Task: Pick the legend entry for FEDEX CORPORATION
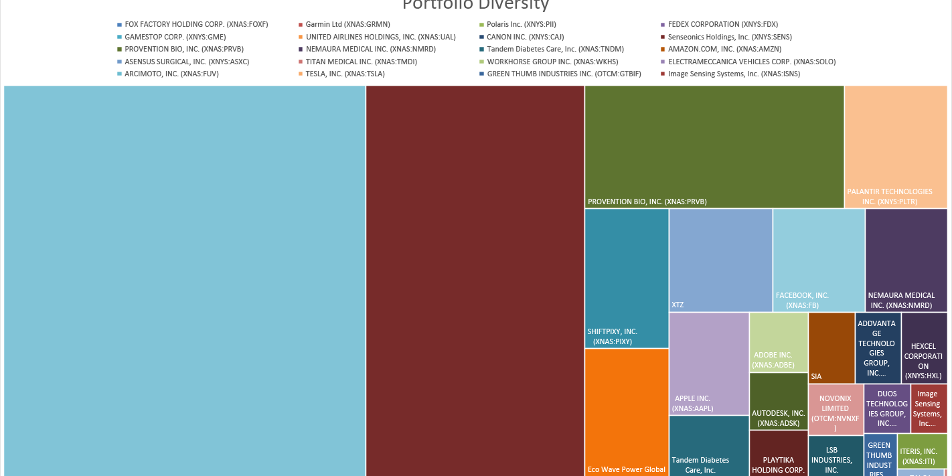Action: (x=722, y=24)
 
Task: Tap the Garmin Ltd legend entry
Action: (x=347, y=24)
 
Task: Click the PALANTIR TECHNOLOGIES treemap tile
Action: (x=896, y=147)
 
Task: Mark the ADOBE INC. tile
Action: (x=778, y=342)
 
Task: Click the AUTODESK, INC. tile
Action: (x=778, y=401)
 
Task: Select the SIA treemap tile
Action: (x=831, y=348)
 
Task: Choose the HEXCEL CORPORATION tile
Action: (x=924, y=348)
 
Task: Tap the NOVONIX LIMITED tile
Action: (x=835, y=409)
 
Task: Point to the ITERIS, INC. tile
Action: (x=922, y=451)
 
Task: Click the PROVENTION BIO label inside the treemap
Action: (x=647, y=202)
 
